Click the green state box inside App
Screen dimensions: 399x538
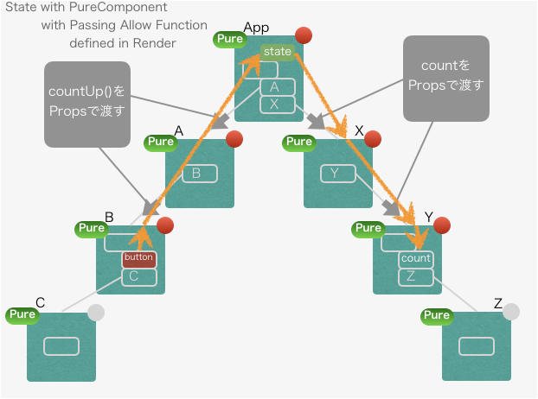(x=278, y=52)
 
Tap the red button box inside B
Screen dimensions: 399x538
(x=138, y=258)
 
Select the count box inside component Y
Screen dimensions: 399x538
(x=415, y=258)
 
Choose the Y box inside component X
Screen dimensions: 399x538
(x=336, y=174)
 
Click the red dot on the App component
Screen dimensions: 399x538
(x=304, y=35)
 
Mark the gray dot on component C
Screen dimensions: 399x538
(x=96, y=312)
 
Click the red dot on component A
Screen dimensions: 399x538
(x=234, y=139)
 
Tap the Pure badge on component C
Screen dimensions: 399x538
(x=22, y=314)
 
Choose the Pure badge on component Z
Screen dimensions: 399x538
(x=438, y=314)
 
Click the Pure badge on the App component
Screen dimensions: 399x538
(x=230, y=39)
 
